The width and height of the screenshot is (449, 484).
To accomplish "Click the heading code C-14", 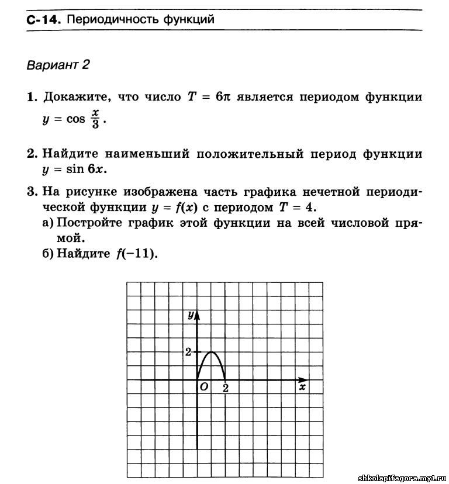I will coord(43,20).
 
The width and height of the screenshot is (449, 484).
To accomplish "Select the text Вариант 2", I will coord(58,64).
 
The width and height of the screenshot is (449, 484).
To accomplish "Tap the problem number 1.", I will coord(32,97).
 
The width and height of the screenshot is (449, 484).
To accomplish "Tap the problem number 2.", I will coord(32,154).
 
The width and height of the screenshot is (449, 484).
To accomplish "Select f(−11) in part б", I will coord(137,254).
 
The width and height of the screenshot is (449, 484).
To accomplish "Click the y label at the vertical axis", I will coord(190,314).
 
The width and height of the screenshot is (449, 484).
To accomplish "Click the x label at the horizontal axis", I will coord(302,387).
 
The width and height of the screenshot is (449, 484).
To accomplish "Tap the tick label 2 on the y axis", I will coord(188,352).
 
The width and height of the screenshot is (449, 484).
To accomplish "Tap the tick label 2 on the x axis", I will coord(225,388).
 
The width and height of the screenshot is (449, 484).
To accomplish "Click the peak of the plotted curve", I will coord(211,352).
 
